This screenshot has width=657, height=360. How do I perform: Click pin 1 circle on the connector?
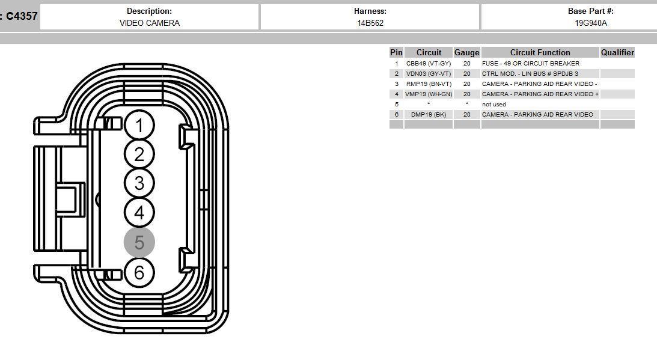click(x=139, y=125)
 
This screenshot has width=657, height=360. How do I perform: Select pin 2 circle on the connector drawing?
click(x=139, y=154)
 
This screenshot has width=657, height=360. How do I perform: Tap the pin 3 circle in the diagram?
click(x=139, y=183)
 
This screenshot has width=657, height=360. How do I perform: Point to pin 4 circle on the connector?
click(x=139, y=213)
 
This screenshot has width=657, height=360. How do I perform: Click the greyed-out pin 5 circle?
click(x=139, y=242)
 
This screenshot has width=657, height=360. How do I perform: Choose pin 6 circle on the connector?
click(x=139, y=272)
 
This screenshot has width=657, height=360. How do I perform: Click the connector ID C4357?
click(x=22, y=16)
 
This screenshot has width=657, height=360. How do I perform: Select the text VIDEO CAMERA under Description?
click(x=150, y=23)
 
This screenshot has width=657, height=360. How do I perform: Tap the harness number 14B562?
click(x=370, y=23)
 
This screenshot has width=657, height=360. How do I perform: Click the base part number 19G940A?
click(x=591, y=23)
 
